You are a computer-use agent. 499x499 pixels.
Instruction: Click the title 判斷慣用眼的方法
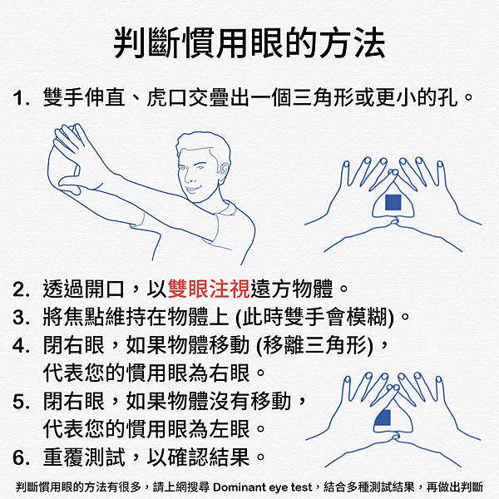coord(249,43)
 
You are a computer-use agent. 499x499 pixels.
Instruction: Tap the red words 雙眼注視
coord(209,289)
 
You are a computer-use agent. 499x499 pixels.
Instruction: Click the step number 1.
coord(20,98)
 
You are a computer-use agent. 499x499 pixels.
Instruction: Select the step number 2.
coord(20,289)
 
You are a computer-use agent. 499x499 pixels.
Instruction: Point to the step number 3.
coord(20,318)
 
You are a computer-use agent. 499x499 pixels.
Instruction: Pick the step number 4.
coord(20,345)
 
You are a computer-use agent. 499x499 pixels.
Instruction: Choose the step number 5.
coord(20,402)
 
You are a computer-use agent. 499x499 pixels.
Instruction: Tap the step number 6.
coord(20,457)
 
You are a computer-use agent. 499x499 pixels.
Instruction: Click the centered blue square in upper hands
coord(393,202)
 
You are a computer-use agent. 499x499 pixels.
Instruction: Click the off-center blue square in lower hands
coord(383,417)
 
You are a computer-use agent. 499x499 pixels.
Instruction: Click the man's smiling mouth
coord(193,189)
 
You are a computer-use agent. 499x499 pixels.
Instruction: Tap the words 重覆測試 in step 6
coord(84,457)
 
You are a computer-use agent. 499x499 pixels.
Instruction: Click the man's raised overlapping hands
coord(76,158)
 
